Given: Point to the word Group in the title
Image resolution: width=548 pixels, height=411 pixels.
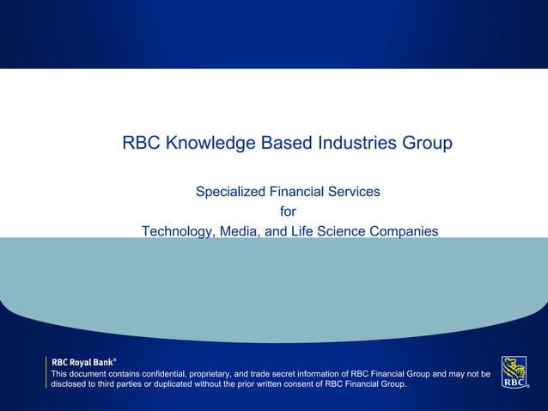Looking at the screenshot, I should [x=425, y=143].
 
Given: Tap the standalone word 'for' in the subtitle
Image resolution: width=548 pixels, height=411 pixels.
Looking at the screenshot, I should [x=289, y=212].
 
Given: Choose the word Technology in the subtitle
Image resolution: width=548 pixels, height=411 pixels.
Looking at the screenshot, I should [x=178, y=231].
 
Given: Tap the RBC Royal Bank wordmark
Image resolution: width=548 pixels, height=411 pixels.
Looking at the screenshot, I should [x=84, y=362].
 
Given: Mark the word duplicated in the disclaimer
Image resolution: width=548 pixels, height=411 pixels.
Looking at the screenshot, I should [x=154, y=384].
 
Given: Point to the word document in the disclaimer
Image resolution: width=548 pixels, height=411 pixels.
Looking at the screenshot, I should [x=90, y=374].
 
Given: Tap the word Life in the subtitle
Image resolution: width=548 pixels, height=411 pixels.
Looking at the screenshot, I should [x=301, y=231].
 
